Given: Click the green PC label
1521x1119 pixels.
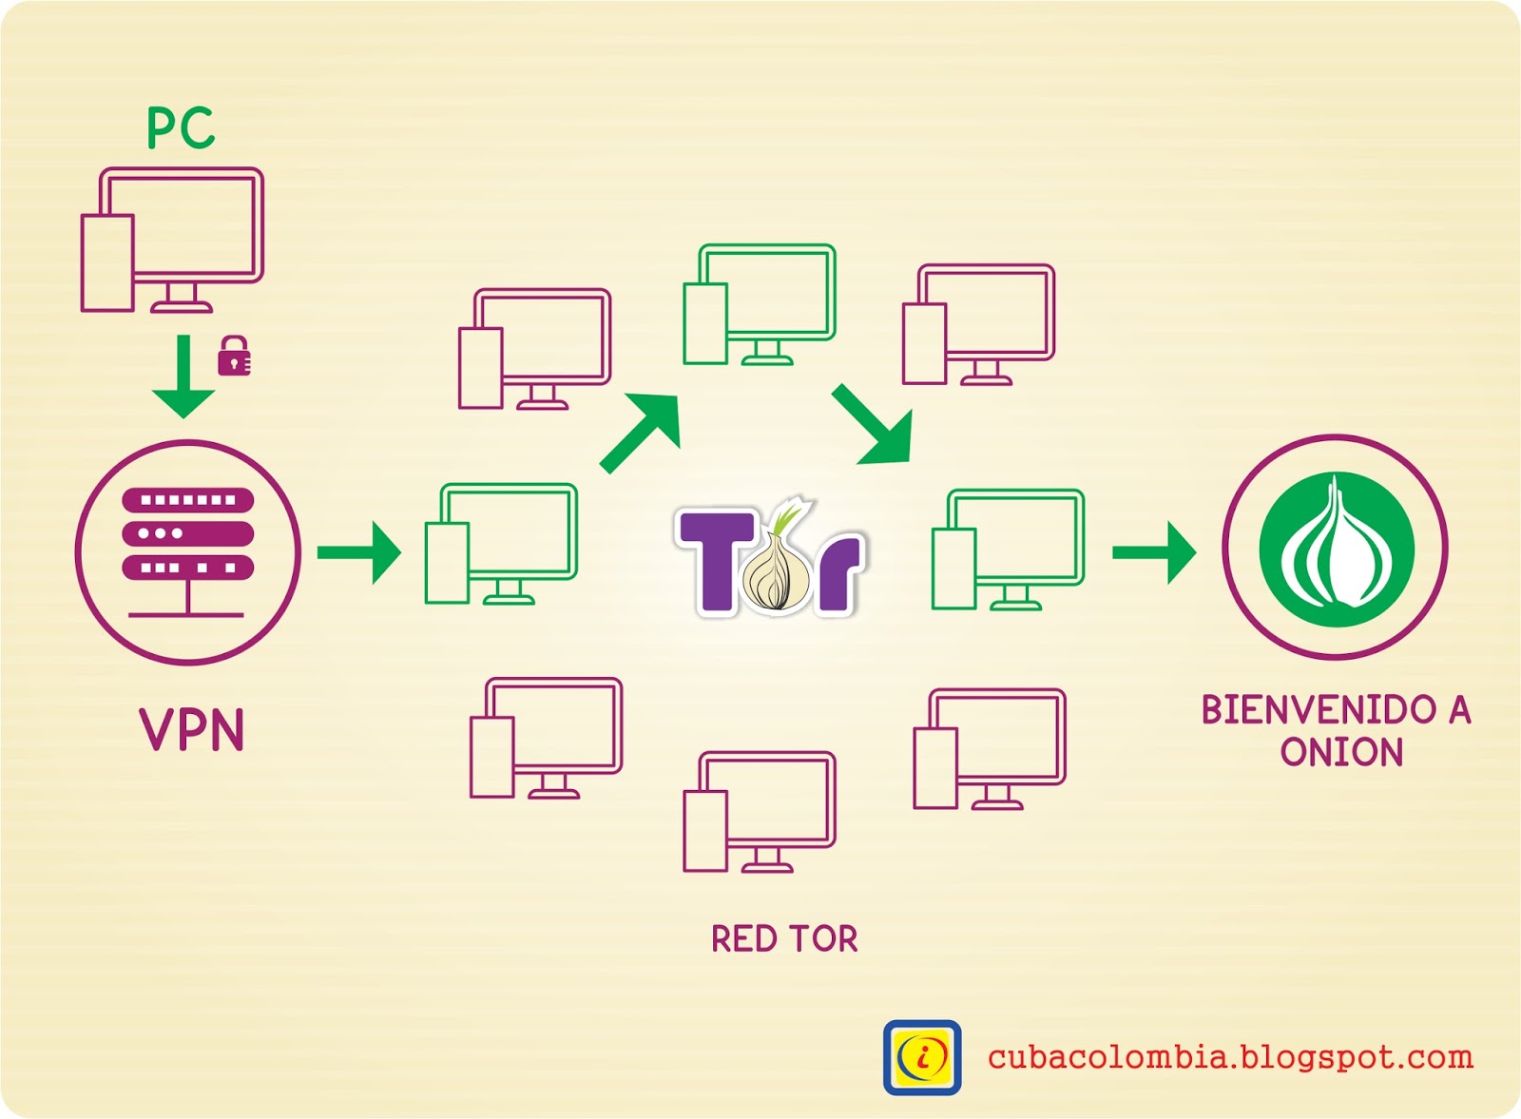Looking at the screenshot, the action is tap(181, 128).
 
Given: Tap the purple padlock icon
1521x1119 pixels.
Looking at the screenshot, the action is tap(234, 357).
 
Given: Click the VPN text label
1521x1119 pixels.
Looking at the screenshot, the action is tap(192, 730).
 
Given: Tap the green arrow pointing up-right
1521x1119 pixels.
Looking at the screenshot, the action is tap(643, 433).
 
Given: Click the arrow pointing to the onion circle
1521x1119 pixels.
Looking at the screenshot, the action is tap(1154, 552).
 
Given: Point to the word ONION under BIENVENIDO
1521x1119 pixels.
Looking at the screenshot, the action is tap(1341, 752).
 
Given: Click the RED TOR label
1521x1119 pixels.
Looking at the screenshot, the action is tap(784, 939).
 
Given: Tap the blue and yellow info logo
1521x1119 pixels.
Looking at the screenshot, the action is tap(922, 1057).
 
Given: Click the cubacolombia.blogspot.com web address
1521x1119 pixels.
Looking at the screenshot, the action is tap(1230, 1057).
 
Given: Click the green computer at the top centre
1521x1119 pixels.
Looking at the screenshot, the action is tap(760, 303).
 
